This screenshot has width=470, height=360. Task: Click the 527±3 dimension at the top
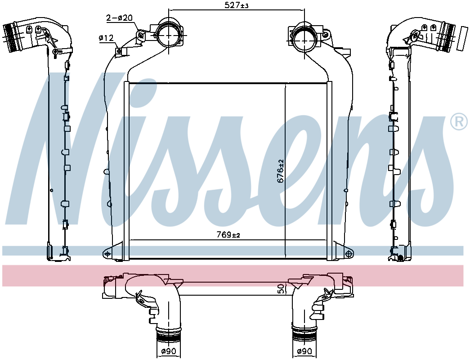click(x=237, y=5)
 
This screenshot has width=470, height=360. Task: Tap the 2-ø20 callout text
click(x=119, y=18)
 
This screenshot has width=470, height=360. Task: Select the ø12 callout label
click(x=106, y=38)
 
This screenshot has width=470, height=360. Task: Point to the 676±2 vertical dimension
click(x=281, y=171)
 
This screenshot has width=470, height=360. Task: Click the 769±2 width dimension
click(x=228, y=234)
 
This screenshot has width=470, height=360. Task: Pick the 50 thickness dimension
click(x=281, y=289)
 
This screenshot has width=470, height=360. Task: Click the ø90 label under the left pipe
click(x=169, y=351)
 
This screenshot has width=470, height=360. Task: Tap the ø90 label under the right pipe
click(x=304, y=351)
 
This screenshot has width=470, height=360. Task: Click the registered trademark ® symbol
click(x=459, y=122)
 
